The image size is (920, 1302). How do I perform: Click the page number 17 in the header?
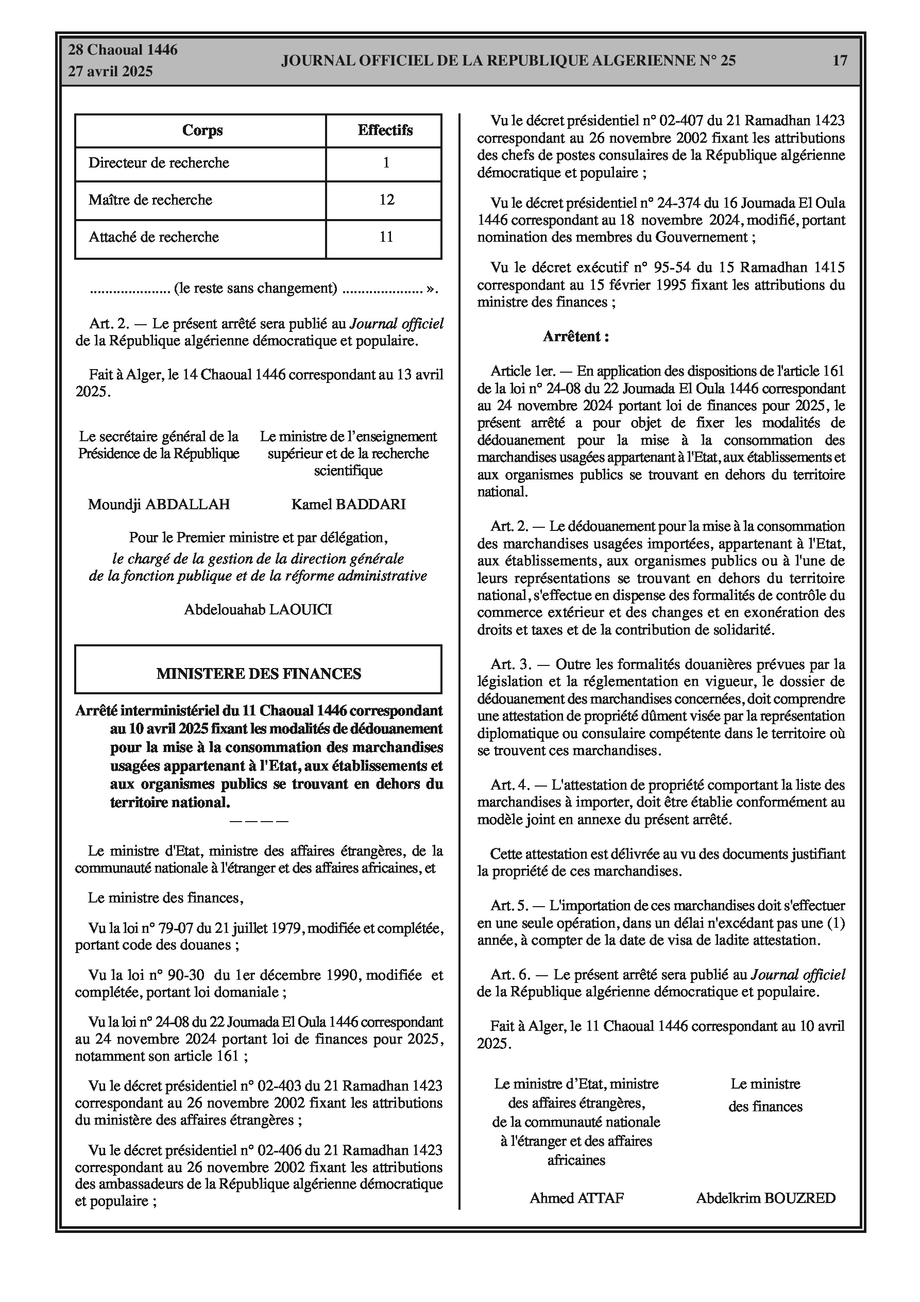(840, 60)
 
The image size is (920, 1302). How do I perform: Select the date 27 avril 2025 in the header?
(111, 72)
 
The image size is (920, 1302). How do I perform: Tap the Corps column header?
(202, 130)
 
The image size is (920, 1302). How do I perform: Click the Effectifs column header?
(385, 130)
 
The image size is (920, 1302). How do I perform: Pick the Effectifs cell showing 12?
(386, 199)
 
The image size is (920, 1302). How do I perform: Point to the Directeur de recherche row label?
(159, 163)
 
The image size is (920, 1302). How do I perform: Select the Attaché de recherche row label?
(154, 237)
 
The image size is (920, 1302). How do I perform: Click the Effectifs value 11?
(386, 237)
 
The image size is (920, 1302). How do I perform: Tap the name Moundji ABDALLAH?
(159, 504)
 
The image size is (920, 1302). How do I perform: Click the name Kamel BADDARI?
(348, 504)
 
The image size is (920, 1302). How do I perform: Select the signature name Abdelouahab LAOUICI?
(258, 610)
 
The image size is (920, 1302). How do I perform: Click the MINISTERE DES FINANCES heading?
(259, 674)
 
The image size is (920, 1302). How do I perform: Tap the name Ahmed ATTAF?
(576, 1198)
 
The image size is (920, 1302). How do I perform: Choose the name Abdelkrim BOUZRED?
(765, 1198)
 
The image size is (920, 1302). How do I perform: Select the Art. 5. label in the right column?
(509, 906)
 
